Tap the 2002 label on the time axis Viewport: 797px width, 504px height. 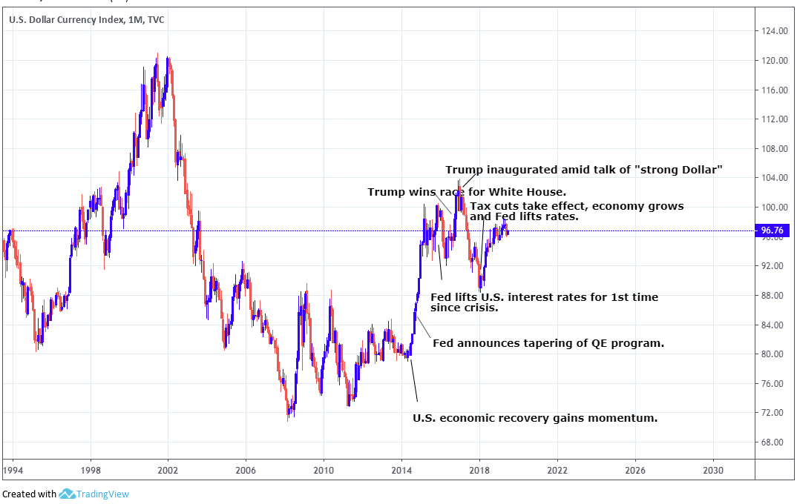(x=168, y=470)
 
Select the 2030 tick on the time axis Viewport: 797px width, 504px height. (x=713, y=470)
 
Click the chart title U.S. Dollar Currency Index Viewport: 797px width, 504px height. (x=66, y=19)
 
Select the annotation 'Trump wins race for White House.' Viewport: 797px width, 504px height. (x=467, y=192)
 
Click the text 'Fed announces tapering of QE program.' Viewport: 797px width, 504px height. (x=548, y=343)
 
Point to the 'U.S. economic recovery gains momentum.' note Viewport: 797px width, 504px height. (x=535, y=418)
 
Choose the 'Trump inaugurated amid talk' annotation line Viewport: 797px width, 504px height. (x=584, y=170)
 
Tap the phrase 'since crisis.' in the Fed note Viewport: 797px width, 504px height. (x=464, y=308)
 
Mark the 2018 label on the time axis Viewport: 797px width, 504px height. (x=479, y=470)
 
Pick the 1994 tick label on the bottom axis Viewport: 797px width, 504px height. (x=13, y=470)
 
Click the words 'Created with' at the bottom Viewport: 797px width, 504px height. (x=29, y=494)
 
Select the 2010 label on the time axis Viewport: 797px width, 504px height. (x=324, y=470)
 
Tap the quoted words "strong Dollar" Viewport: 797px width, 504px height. (x=679, y=170)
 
